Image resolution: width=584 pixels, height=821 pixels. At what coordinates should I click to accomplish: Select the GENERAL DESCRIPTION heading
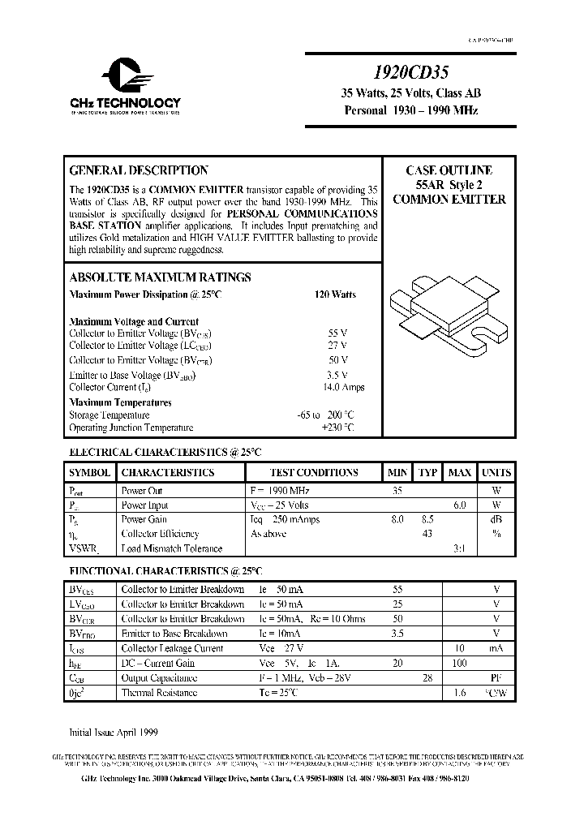(139, 170)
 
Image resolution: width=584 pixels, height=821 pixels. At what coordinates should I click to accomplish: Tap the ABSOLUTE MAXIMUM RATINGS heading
(160, 277)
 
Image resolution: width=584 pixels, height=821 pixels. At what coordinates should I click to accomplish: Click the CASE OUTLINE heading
(449, 170)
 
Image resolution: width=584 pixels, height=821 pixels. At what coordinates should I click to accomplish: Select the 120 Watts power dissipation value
(334, 294)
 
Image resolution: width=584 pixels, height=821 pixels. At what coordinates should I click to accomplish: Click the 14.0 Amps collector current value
(343, 387)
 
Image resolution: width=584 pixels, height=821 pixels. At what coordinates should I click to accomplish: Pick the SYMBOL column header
(89, 472)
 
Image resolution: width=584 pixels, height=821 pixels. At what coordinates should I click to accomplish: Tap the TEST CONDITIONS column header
(314, 472)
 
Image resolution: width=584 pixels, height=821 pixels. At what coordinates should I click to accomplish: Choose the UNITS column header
(496, 472)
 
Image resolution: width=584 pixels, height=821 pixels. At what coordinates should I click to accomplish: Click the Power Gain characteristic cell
(144, 519)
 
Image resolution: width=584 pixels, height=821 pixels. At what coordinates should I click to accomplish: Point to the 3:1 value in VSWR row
(459, 548)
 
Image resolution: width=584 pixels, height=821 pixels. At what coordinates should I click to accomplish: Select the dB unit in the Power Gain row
(496, 519)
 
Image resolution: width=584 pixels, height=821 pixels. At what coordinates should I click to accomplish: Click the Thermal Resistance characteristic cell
(159, 693)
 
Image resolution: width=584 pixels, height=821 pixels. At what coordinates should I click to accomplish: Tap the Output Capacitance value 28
(427, 677)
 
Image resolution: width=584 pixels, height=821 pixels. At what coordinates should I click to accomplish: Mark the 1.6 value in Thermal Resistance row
(459, 693)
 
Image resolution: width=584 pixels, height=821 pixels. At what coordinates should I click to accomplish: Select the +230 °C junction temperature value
(337, 428)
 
